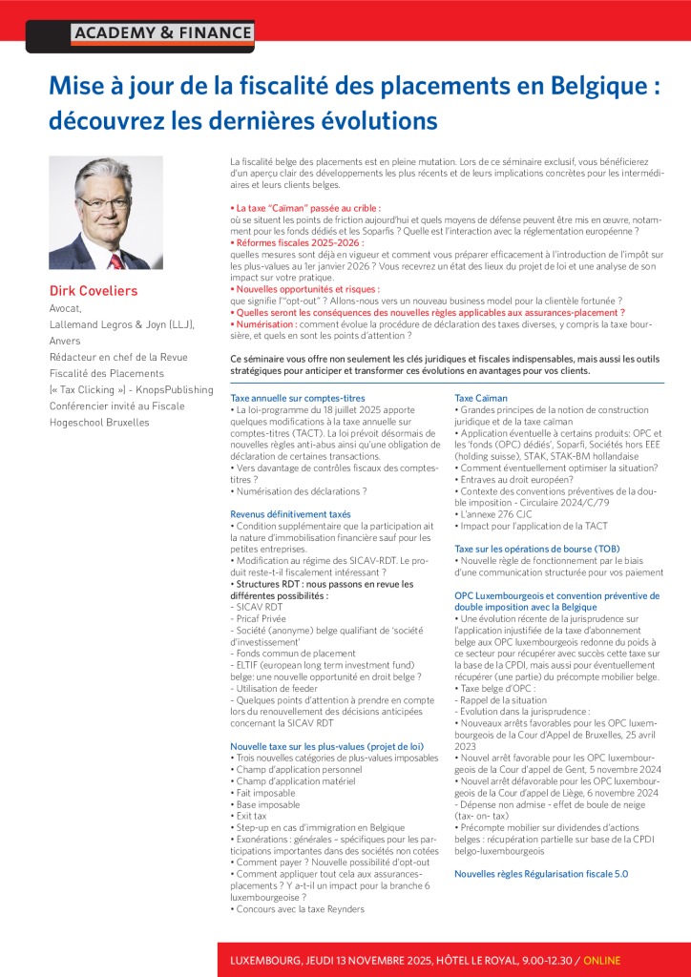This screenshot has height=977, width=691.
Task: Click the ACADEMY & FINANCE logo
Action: click(162, 33)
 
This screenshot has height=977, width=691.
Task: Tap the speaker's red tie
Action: click(115, 260)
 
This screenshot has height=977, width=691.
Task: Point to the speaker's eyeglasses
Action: click(105, 203)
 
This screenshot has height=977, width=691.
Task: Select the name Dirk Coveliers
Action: click(94, 291)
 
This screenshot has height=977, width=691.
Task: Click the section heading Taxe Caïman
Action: click(481, 397)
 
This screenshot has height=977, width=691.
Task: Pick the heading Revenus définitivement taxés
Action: click(283, 513)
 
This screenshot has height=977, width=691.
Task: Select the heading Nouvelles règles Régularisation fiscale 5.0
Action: click(541, 873)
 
